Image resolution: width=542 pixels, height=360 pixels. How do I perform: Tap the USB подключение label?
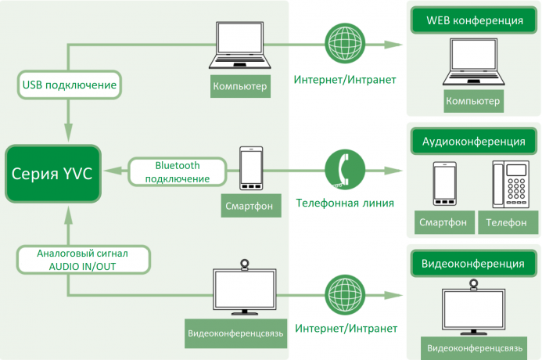coord(70,84)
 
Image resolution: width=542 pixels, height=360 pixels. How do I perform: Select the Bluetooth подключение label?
coord(178,172)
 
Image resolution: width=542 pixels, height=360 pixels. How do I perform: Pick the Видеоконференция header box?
coord(473,263)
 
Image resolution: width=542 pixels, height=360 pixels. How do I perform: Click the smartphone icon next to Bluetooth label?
coord(251,171)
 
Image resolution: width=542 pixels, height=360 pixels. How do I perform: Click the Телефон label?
coord(506,222)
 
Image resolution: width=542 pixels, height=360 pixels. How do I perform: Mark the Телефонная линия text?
coord(344,203)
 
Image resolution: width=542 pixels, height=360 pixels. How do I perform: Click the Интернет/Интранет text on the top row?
coord(344,80)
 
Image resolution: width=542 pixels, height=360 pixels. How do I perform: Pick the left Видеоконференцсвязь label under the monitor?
coord(235,333)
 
